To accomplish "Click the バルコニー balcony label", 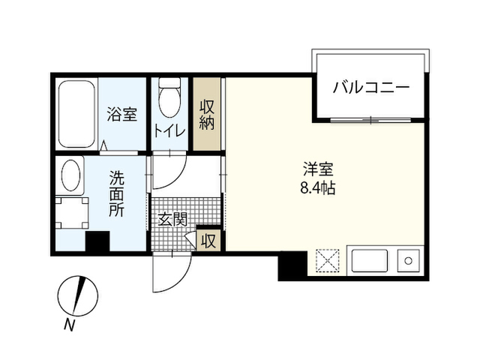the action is [371, 88].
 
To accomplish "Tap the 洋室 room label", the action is [318, 169].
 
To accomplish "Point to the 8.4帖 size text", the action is [318, 188].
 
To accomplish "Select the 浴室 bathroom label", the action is [121, 114].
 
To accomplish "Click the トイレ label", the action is [169, 130].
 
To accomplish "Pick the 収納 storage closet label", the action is [207, 115].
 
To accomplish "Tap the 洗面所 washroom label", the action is [117, 194].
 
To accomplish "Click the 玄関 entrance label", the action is [172, 220].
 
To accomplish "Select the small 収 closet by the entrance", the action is [208, 241].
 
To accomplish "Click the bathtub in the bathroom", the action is [76, 114].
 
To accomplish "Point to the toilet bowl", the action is [169, 98].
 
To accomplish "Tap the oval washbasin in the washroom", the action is [70, 175].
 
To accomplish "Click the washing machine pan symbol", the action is [72, 213].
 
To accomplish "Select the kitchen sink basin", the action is [370, 261].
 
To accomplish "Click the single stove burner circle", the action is [408, 261].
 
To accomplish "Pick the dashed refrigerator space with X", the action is [328, 261].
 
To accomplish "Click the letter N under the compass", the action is [70, 325].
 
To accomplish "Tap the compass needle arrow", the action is [78, 295].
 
